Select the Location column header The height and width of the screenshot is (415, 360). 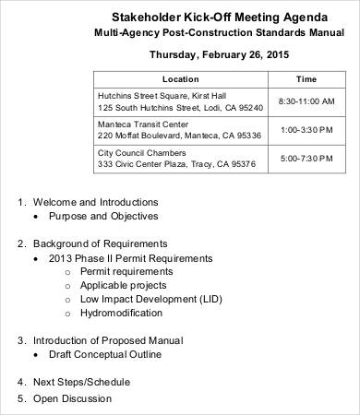point(180,78)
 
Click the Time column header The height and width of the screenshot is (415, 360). point(306,78)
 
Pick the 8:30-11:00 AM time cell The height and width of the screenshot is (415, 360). point(306,101)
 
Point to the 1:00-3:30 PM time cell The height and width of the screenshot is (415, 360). point(306,129)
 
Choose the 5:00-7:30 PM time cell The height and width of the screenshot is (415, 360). point(306,159)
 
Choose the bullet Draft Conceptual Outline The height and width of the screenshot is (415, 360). point(109,354)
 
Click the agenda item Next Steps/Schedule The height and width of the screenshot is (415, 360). point(81,381)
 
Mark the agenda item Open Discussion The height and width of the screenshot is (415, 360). point(72,398)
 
